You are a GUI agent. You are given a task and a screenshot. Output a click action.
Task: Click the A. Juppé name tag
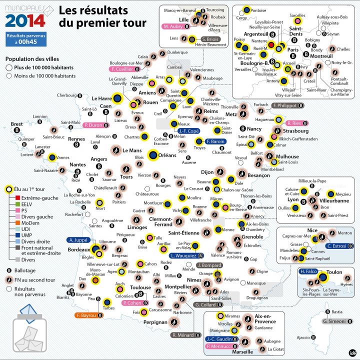(x=79, y=239)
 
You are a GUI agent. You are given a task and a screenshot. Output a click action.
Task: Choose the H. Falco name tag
(x=310, y=271)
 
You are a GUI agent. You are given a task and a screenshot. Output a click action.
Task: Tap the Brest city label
(x=17, y=123)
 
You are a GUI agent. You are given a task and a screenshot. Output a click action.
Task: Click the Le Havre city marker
(x=117, y=99)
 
